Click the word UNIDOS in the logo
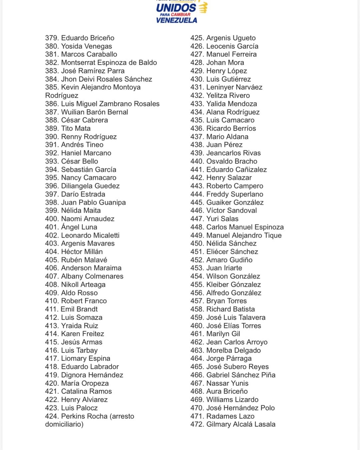pos(176,8)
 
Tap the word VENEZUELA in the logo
pos(176,20)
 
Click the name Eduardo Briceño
pos(88,38)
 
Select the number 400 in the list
pos(52,219)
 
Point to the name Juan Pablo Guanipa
pos(93,202)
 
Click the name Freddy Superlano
pos(235,194)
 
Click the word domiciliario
pos(64,424)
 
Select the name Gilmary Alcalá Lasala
pos(241,424)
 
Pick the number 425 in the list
pos(197,38)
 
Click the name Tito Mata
pos(76,128)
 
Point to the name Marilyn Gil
pos(223,334)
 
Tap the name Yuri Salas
pos(222,219)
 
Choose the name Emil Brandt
pos(79,309)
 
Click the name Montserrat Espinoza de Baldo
pos(109,63)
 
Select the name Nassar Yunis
pos(227,383)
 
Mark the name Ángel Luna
pos(79,227)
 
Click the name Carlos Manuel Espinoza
pos(245,227)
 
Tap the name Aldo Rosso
pos(79,293)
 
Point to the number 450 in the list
pos(197,244)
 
